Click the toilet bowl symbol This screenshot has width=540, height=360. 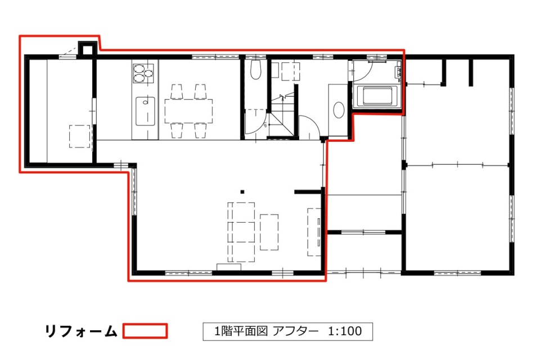255,70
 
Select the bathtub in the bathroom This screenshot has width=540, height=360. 377,96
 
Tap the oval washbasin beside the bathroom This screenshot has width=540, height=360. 339,110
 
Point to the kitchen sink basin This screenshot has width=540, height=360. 145,111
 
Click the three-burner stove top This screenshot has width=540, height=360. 143,73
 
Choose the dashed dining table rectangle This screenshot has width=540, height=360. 188,111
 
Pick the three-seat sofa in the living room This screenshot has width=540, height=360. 241,232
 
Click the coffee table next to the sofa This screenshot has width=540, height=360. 269,232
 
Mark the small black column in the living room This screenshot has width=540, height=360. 242,192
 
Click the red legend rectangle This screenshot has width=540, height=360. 145,331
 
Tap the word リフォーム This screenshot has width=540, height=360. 81,331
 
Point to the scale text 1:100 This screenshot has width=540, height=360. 345,331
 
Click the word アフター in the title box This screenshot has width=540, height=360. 295,331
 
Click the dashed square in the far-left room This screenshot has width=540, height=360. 79,137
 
